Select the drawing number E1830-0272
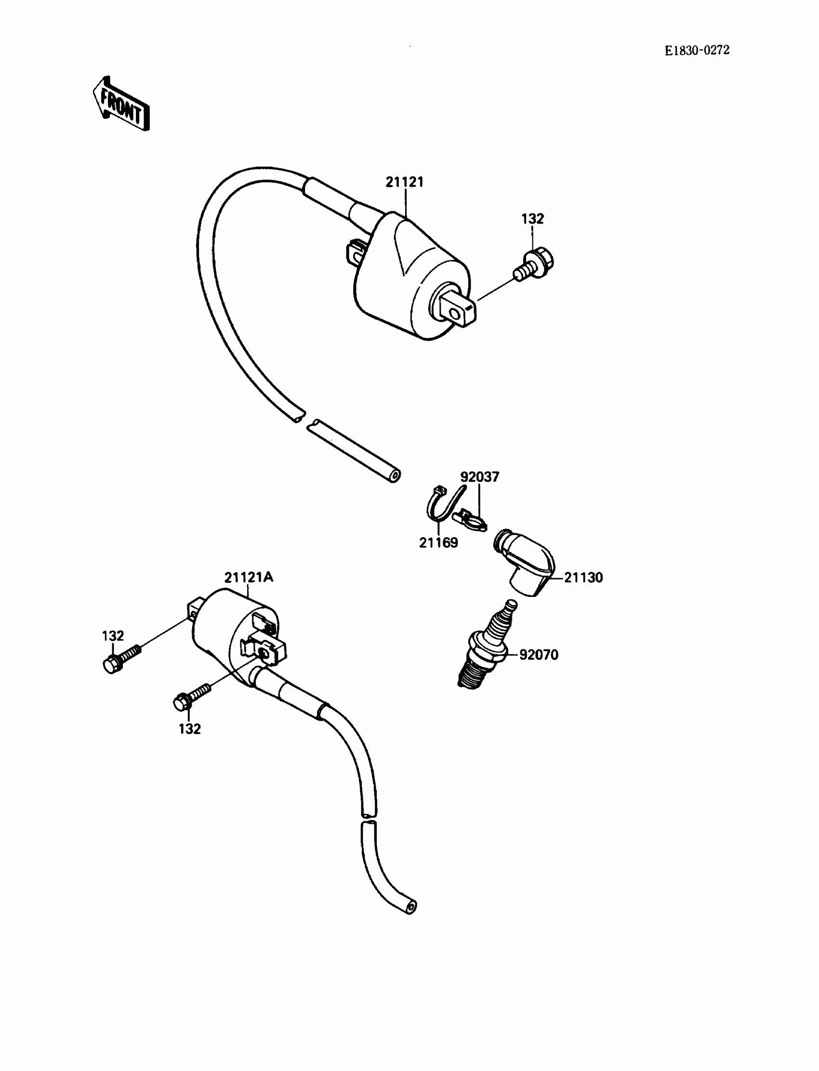[697, 50]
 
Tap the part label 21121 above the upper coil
[405, 182]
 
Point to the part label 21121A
[249, 577]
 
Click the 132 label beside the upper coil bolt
[532, 219]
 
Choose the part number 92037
[480, 477]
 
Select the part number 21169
[438, 542]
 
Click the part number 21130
[583, 578]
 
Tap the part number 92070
[539, 655]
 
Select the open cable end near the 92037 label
[396, 476]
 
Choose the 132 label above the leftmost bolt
[113, 635]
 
